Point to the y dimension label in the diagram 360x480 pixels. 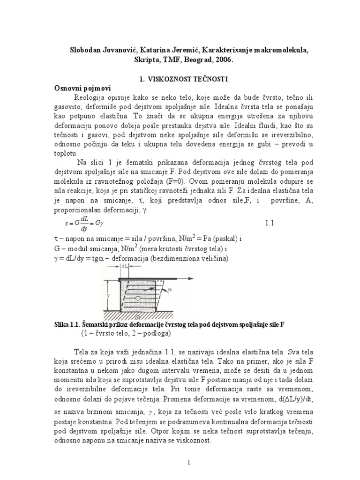click(x=108, y=296)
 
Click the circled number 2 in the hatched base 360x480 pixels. click(x=143, y=317)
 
